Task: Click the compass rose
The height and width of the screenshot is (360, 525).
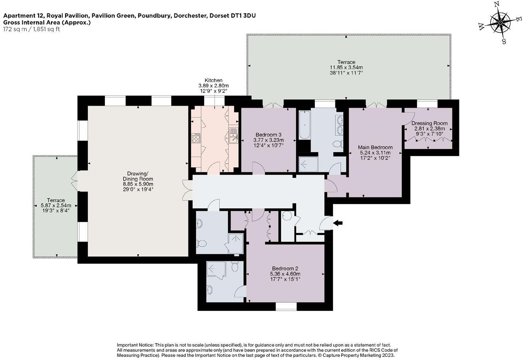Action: coord(500,23)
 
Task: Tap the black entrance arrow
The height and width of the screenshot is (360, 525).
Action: coord(338,223)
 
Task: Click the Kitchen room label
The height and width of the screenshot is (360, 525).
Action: coord(213,80)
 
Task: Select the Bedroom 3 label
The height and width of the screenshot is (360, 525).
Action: coord(268,135)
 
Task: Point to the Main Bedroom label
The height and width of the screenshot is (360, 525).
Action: coord(375,147)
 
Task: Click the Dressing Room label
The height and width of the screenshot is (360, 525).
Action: coord(429,123)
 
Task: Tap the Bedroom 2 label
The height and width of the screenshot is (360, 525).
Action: coord(285,268)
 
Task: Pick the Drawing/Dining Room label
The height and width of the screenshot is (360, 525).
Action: coord(138,176)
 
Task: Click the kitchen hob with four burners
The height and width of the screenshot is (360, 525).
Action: coord(196,138)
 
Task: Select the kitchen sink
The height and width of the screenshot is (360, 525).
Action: coord(234,135)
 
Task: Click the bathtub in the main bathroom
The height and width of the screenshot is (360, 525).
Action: coord(304,125)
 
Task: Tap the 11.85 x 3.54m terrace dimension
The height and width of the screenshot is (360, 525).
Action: coord(346,67)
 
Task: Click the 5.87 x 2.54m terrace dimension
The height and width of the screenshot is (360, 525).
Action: coord(56,206)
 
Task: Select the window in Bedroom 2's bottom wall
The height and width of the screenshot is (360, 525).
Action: coord(286,307)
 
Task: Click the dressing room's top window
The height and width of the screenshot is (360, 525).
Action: coord(427,103)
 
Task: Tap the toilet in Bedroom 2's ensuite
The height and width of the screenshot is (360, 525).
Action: coord(235,266)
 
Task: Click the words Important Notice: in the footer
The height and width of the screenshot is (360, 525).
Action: coord(135,345)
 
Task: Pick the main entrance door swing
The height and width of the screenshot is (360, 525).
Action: coord(326,223)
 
